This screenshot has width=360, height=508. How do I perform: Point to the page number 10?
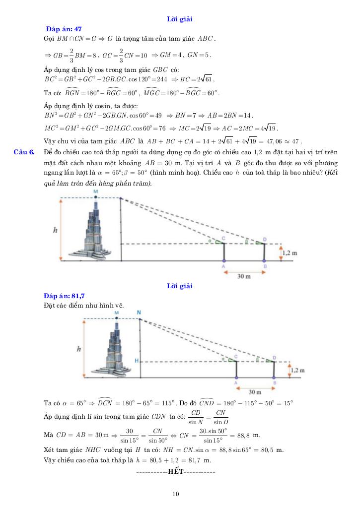point(176,494)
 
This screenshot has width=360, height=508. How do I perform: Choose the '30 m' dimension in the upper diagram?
point(244,276)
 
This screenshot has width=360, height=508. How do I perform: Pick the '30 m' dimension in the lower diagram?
point(255,391)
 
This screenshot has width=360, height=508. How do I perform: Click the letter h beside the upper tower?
point(55,229)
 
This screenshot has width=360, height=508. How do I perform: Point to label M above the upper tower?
point(95,191)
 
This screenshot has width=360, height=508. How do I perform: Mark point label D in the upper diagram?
point(265,239)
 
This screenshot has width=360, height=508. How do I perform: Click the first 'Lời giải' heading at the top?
point(180,19)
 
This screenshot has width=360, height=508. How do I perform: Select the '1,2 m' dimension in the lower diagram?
point(296,370)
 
